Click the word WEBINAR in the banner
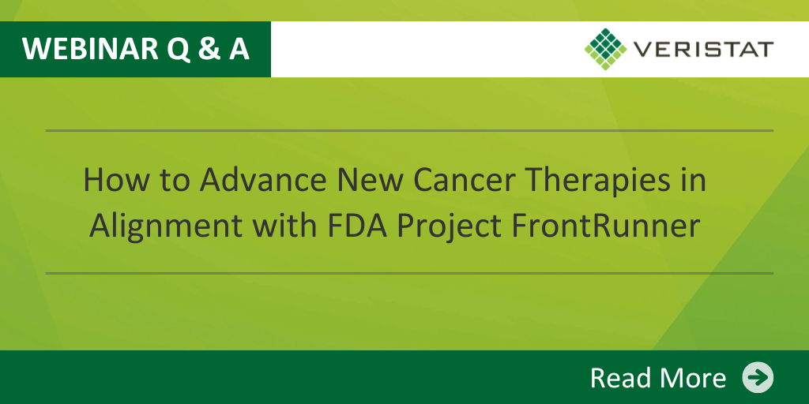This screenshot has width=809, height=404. (90, 49)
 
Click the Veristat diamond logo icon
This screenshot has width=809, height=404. (606, 49)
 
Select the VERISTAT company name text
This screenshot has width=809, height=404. (703, 50)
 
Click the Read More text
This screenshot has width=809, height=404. (658, 378)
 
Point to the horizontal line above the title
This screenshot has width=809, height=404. (410, 131)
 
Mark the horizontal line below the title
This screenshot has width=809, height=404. (410, 273)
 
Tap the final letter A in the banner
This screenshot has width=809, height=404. (239, 49)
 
